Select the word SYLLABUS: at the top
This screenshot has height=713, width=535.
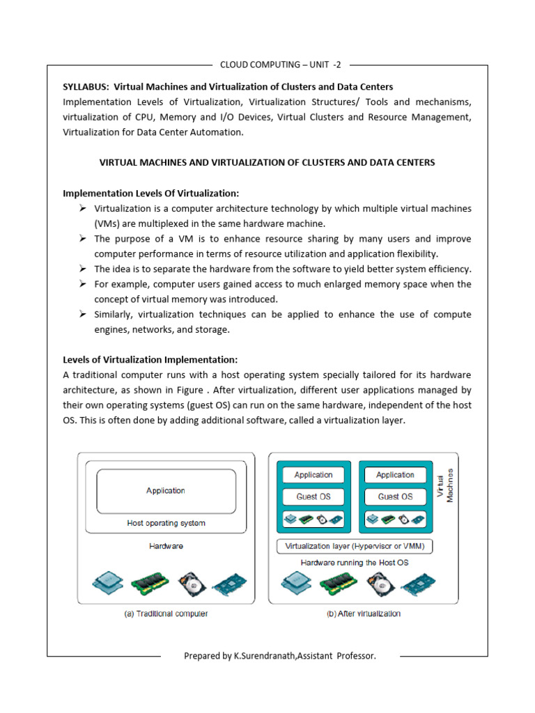86,87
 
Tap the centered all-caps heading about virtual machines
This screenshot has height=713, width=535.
267,162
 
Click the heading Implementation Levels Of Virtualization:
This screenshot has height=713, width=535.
151,193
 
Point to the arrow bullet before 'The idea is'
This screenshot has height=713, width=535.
82,269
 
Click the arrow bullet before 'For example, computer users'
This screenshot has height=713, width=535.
82,284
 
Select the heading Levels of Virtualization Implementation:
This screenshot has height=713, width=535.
150,359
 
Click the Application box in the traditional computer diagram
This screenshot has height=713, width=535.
166,490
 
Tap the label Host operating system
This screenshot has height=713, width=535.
166,523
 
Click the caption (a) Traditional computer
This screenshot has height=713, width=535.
165,613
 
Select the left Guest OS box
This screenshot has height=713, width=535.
313,496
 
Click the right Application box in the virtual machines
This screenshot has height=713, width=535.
395,475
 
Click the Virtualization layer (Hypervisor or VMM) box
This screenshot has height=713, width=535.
355,547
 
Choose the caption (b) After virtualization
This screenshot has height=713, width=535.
364,613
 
